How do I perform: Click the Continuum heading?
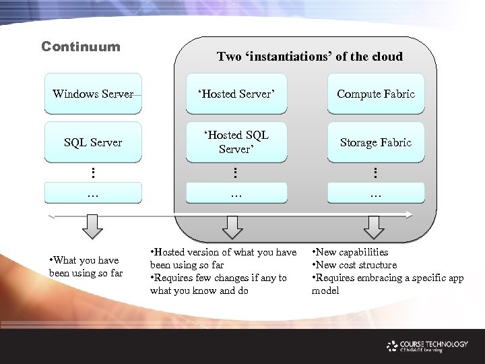(81, 47)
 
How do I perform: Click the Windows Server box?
(93, 94)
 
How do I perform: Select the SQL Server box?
(93, 142)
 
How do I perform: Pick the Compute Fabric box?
(376, 94)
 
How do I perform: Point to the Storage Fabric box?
(376, 142)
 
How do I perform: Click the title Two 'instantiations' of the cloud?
(310, 57)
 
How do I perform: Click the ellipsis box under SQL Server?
(93, 193)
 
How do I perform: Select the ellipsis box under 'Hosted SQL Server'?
(234, 193)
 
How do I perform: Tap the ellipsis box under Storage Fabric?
(376, 193)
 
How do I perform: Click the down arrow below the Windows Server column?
(93, 226)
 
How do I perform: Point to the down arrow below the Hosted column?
(232, 227)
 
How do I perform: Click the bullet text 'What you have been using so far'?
(86, 266)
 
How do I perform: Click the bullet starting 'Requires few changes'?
(219, 284)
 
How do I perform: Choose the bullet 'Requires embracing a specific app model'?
(388, 284)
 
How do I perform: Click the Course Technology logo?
(427, 346)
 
